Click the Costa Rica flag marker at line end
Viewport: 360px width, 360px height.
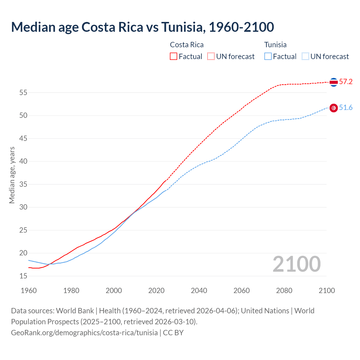(x=334, y=82)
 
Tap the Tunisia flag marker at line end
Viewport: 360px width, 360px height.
(x=334, y=108)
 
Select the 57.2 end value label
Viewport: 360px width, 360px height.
(x=346, y=82)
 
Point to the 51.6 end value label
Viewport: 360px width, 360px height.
(x=346, y=108)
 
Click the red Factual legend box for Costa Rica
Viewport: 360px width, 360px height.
(x=174, y=57)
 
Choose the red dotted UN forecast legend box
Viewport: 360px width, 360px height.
(x=211, y=57)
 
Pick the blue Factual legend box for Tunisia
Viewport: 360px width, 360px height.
(x=268, y=57)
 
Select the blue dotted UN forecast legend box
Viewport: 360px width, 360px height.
(x=305, y=57)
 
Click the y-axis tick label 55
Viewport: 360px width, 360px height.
(x=23, y=93)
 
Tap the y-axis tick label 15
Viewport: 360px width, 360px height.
(x=23, y=276)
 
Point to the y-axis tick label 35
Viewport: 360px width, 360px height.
(x=23, y=184)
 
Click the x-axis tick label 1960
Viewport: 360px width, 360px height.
(x=29, y=291)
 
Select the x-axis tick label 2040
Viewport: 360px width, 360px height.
(x=199, y=291)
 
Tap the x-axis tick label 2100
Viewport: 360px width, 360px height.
(x=327, y=291)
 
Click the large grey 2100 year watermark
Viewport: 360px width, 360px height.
(x=297, y=264)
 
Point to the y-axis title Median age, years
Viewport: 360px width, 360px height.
(x=12, y=175)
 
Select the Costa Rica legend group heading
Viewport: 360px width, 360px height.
(x=187, y=45)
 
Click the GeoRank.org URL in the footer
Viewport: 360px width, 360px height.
(x=84, y=332)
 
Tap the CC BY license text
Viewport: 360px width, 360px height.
(x=173, y=332)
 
